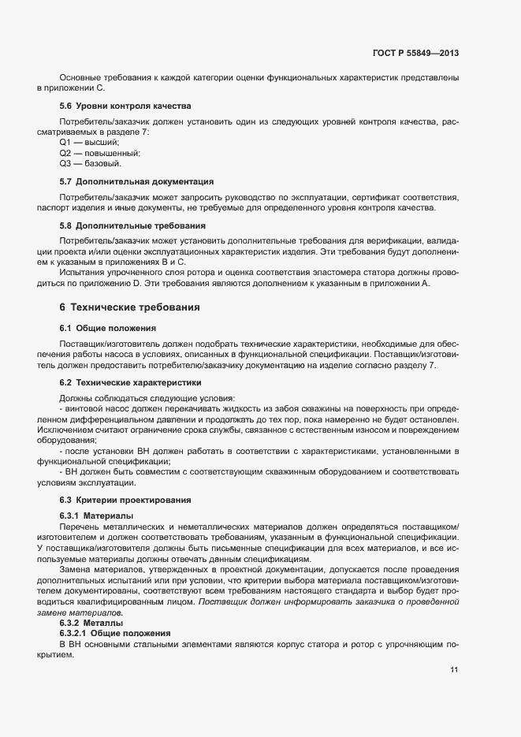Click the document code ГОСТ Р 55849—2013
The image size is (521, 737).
coord(415,53)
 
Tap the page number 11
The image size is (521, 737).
coord(454,670)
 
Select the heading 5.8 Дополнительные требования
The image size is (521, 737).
coord(128,225)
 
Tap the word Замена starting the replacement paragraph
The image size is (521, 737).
coord(75,570)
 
